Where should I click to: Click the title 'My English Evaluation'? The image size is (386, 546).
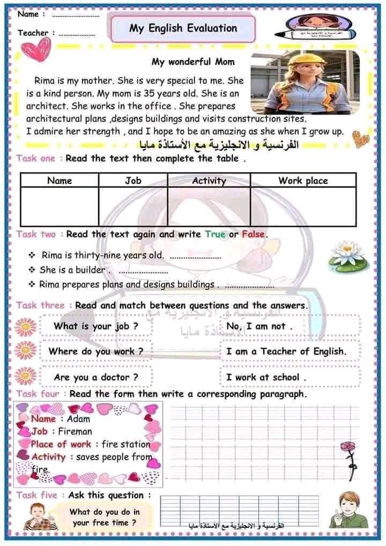click(182, 28)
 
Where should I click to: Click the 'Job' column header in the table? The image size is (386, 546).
click(133, 181)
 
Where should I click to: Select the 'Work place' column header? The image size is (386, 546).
click(302, 181)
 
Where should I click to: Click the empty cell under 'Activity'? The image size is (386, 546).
click(209, 205)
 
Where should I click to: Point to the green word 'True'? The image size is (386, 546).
click(216, 234)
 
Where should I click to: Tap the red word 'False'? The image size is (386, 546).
click(253, 234)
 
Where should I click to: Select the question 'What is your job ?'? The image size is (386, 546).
click(96, 326)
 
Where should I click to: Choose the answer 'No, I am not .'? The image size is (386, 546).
click(259, 326)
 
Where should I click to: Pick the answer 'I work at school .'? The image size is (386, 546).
click(266, 377)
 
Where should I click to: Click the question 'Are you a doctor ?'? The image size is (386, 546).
click(96, 377)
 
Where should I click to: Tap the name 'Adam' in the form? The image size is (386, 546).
click(78, 419)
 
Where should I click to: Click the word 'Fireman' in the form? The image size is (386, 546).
click(75, 431)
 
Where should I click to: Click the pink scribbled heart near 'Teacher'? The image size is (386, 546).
click(35, 49)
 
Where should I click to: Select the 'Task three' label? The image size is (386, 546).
click(40, 305)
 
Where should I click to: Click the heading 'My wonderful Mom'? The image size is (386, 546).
click(193, 62)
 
